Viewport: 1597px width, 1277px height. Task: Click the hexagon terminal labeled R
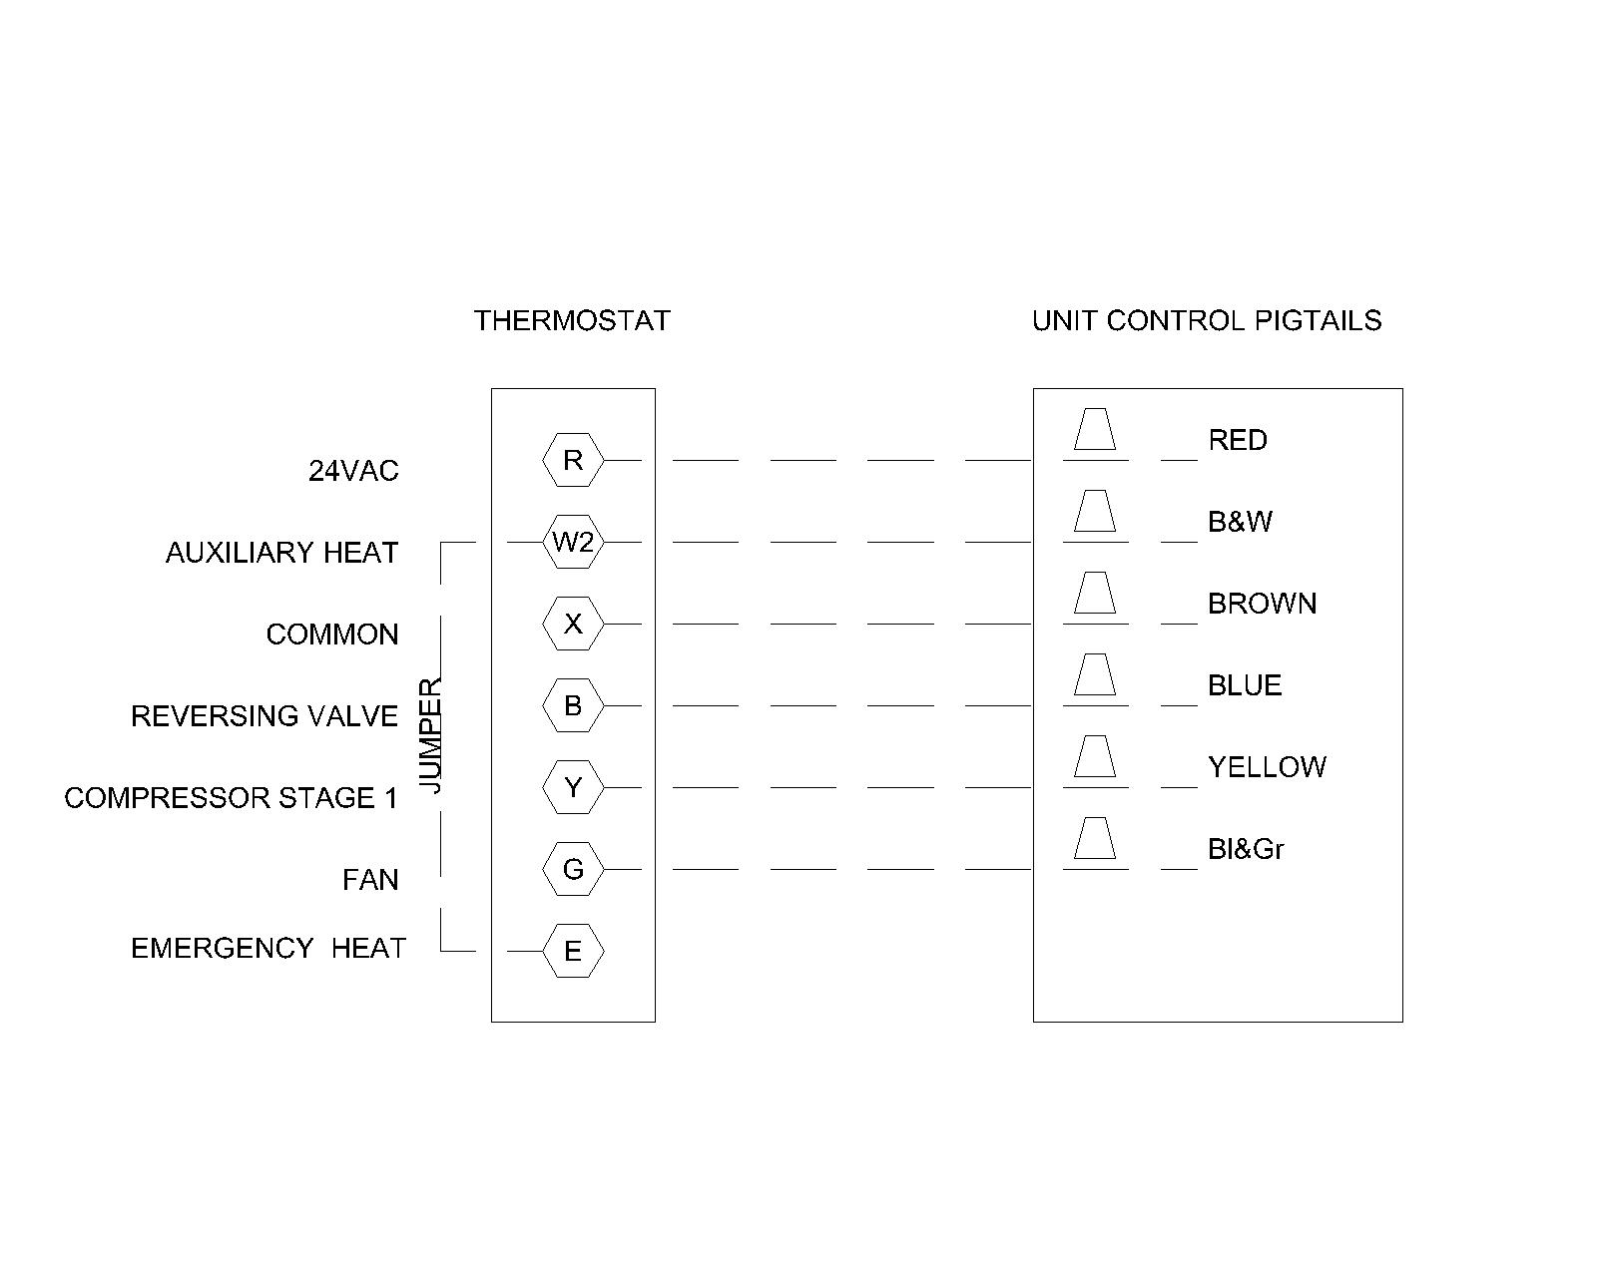tap(573, 460)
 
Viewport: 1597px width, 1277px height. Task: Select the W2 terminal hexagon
tap(573, 542)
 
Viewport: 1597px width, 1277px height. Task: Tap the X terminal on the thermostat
tap(573, 624)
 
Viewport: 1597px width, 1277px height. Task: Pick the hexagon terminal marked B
tap(573, 705)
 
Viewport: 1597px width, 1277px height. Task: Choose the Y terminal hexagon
tap(573, 787)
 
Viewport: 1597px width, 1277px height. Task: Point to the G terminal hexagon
tap(573, 869)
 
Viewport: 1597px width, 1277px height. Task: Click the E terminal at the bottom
tap(573, 951)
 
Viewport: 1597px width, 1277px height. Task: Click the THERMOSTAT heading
tap(572, 320)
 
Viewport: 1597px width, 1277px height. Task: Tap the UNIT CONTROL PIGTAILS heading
tap(1207, 320)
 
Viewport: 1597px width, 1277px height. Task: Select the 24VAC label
tap(353, 471)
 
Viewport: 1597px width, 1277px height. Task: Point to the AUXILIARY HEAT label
tap(282, 553)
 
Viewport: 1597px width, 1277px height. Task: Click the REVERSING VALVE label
tap(265, 716)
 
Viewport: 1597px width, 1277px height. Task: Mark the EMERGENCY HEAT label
tap(268, 949)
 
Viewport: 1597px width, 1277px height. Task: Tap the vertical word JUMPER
tap(430, 735)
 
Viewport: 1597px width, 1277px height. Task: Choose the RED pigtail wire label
tap(1238, 440)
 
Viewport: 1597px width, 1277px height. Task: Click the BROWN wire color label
tap(1263, 604)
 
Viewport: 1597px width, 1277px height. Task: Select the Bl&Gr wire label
tap(1246, 849)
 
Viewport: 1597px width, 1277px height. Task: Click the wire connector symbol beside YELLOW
tap(1095, 756)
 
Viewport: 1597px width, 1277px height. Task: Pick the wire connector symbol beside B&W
tap(1095, 511)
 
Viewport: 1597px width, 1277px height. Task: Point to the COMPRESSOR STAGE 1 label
tap(231, 798)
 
